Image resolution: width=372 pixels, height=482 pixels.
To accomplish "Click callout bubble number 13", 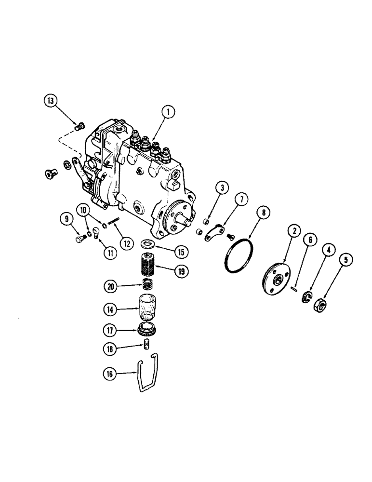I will pyautogui.click(x=51, y=101).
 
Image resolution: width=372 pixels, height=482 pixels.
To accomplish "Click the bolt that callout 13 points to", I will pyautogui.click(x=80, y=127).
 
